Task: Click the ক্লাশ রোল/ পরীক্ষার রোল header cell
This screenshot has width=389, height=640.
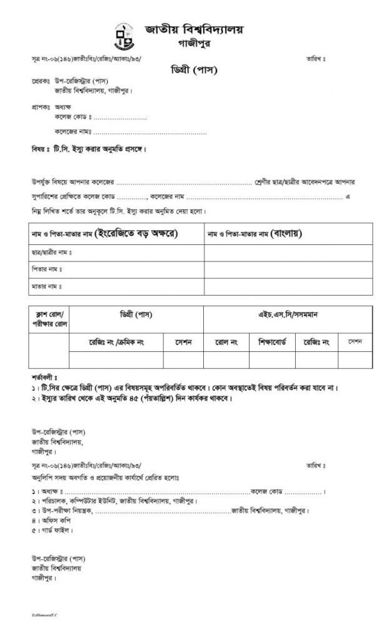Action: pyautogui.click(x=49, y=318)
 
